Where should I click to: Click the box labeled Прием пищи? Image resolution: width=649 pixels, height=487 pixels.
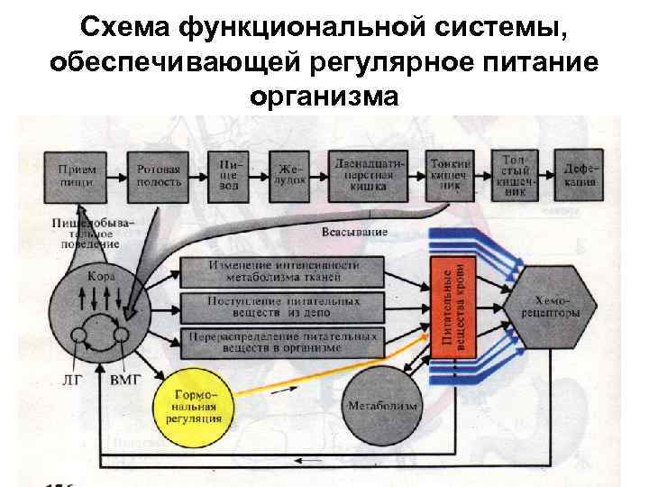tap(78, 175)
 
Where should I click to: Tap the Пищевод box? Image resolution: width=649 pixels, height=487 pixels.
tap(228, 174)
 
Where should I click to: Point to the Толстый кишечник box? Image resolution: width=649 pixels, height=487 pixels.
tap(515, 174)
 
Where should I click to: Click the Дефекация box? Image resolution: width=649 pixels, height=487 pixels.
tap(579, 174)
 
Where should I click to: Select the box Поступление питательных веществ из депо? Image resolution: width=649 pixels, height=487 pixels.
tap(283, 306)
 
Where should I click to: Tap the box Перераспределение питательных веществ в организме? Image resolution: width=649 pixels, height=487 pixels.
tap(283, 341)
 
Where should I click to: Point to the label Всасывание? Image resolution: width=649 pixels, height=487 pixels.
tap(354, 232)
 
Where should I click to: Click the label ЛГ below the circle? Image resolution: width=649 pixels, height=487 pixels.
tap(70, 381)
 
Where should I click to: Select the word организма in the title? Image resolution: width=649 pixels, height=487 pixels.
tap(324, 94)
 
